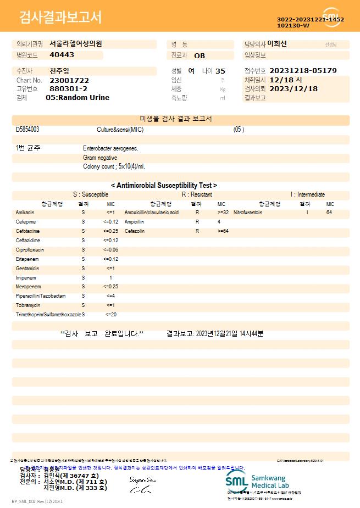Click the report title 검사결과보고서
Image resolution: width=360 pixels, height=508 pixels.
point(60,18)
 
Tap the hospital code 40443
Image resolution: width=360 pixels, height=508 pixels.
point(62,55)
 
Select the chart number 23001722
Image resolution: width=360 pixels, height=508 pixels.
point(69,80)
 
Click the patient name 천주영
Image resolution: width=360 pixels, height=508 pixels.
point(59,71)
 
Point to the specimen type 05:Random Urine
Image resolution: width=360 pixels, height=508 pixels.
point(77,97)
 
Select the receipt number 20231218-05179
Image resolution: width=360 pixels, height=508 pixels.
point(303,71)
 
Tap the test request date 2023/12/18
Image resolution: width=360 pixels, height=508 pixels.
point(294,88)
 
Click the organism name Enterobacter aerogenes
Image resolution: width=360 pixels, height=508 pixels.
point(110,148)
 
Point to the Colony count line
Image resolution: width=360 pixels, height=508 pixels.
point(114,166)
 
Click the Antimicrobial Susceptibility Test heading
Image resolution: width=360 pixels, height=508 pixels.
point(164,186)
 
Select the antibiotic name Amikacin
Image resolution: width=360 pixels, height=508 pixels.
point(25,212)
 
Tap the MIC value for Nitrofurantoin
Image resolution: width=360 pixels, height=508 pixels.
point(329,212)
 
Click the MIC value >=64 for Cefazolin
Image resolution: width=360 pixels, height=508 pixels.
point(223,231)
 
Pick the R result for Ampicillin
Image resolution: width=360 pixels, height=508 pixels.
point(197,222)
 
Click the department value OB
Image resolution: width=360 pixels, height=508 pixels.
point(200,55)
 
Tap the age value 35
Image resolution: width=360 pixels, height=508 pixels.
point(220,71)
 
